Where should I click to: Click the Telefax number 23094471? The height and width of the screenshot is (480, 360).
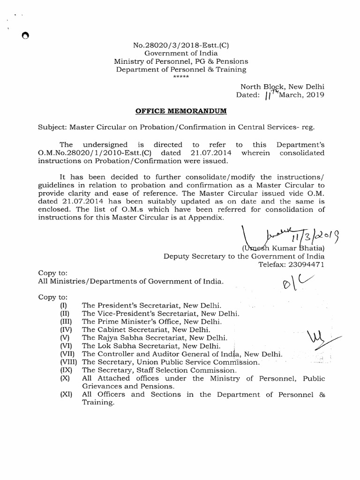(305, 264)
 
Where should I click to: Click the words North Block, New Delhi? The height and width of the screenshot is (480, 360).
(283, 86)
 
